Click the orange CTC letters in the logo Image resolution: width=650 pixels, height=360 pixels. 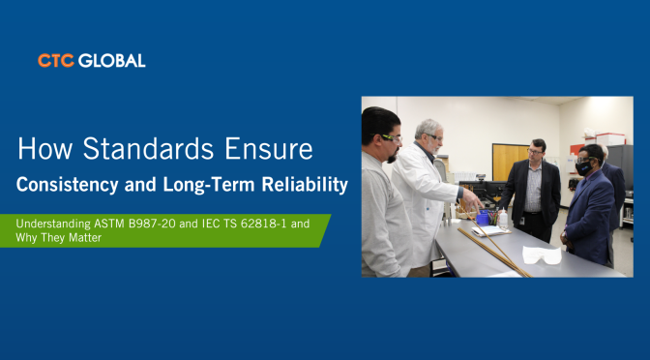click(x=56, y=61)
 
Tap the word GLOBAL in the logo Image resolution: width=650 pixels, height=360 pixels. click(x=112, y=61)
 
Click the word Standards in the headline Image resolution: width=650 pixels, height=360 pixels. click(x=148, y=148)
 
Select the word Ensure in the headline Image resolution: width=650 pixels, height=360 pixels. click(x=269, y=148)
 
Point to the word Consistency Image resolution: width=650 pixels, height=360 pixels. click(x=67, y=185)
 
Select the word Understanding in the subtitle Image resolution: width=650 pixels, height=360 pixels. click(x=53, y=224)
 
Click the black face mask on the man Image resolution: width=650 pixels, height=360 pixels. click(x=583, y=168)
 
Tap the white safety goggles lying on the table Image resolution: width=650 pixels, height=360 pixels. click(x=542, y=255)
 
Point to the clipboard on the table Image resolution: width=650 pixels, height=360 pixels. click(x=490, y=231)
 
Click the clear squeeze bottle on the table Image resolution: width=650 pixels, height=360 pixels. click(x=504, y=219)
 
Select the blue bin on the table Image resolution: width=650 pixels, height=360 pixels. click(x=483, y=218)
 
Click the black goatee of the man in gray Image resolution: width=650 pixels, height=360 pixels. click(x=393, y=157)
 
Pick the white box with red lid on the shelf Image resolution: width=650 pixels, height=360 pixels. click(x=610, y=139)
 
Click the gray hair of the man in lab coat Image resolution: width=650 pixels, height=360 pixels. click(x=427, y=128)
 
